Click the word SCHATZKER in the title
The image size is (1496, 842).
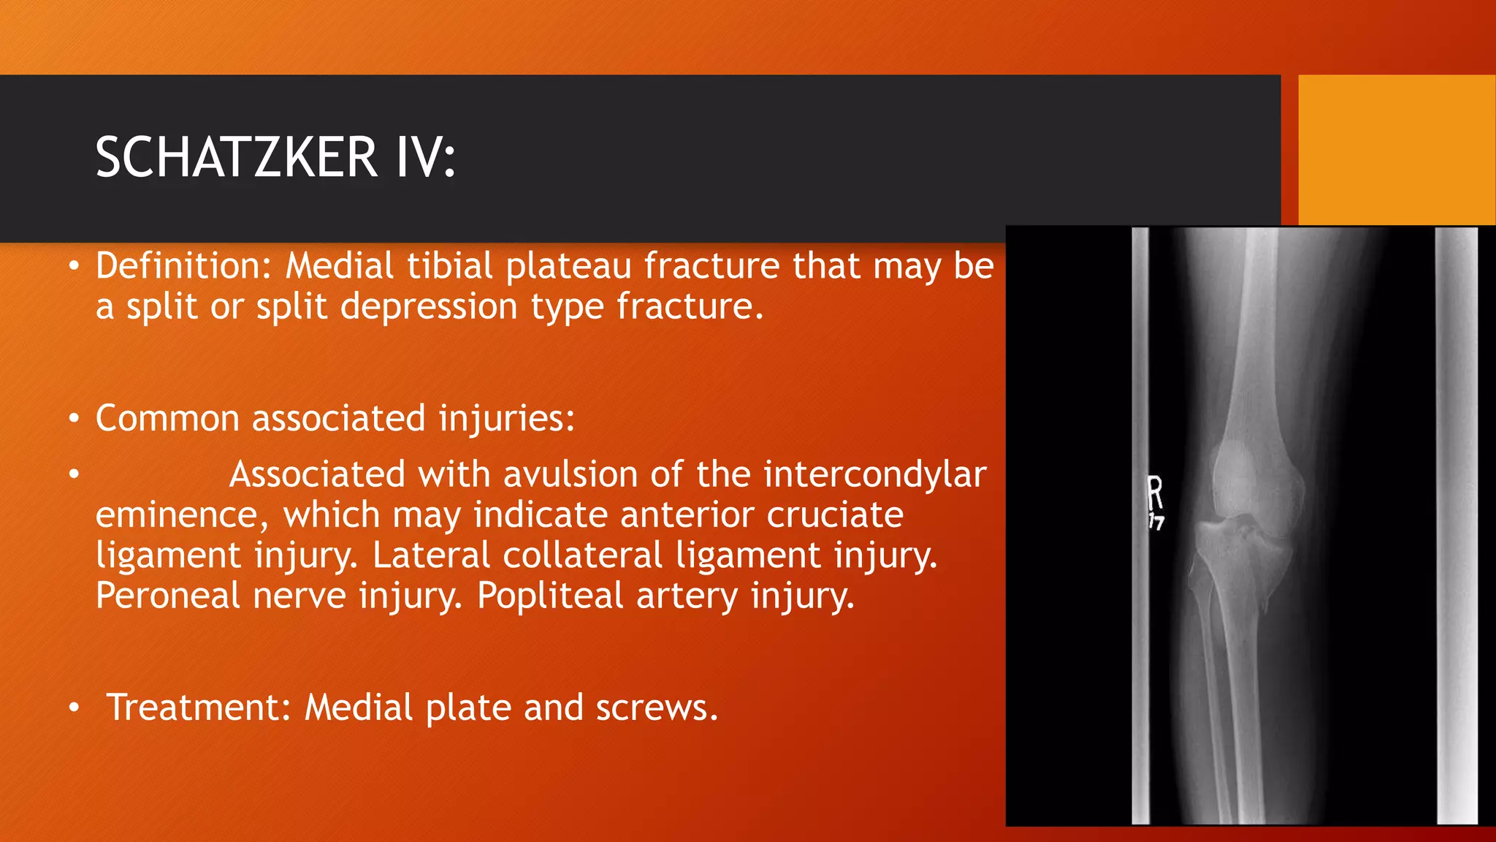pyautogui.click(x=237, y=158)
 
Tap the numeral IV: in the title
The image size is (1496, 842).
pyautogui.click(x=426, y=158)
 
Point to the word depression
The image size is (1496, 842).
pyautogui.click(x=429, y=306)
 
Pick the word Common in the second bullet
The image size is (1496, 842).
pyautogui.click(x=167, y=419)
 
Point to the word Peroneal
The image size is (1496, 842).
pyautogui.click(x=168, y=596)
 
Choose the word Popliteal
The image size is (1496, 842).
pyautogui.click(x=550, y=596)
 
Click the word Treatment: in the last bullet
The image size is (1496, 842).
pyautogui.click(x=199, y=708)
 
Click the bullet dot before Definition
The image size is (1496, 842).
pyautogui.click(x=73, y=267)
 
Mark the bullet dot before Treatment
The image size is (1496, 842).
pyautogui.click(x=73, y=708)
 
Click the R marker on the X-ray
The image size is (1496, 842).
pyautogui.click(x=1155, y=493)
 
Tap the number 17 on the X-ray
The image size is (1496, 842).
pyautogui.click(x=1156, y=522)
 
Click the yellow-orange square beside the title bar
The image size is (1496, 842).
pyautogui.click(x=1397, y=150)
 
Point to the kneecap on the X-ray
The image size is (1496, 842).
pyautogui.click(x=1245, y=479)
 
